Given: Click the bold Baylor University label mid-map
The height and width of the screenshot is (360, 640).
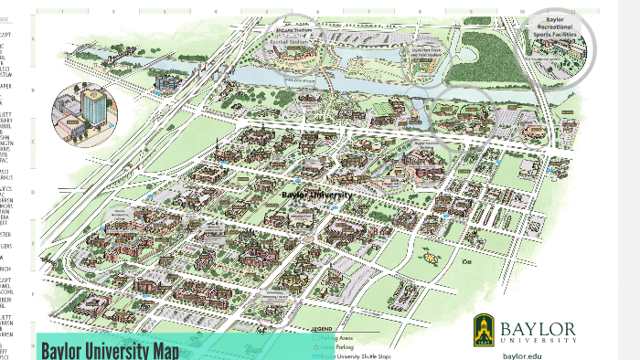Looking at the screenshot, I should [316, 195].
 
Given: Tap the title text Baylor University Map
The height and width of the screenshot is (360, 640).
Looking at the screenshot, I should [109, 350].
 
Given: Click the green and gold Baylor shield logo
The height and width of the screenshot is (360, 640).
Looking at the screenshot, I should [485, 328].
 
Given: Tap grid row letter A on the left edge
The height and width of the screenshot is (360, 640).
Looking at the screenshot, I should [34, 40].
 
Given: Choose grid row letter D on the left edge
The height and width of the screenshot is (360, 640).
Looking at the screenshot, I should [34, 193].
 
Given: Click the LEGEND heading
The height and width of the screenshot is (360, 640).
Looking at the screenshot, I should [322, 327].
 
